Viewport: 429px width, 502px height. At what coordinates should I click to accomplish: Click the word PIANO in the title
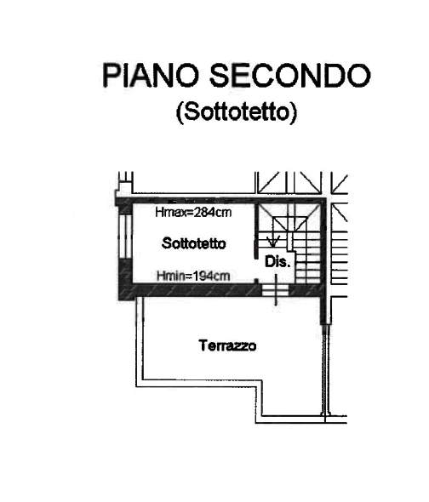click(150, 75)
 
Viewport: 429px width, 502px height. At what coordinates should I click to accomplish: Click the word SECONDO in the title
click(290, 75)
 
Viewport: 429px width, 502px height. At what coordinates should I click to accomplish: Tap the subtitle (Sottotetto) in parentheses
click(237, 112)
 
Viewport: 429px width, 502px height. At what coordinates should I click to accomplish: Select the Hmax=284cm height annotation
click(193, 212)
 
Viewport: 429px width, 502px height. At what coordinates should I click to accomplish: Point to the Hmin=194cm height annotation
click(193, 276)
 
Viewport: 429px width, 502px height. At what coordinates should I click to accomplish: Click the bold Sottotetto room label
click(194, 243)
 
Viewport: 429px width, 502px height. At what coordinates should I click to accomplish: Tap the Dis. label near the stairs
click(277, 262)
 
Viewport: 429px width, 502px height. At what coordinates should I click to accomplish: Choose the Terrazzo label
click(227, 345)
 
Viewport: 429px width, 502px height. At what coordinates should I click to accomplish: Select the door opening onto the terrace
click(276, 290)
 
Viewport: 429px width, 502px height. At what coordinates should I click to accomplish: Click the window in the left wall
click(125, 237)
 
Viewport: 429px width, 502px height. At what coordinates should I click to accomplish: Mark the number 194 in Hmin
click(204, 276)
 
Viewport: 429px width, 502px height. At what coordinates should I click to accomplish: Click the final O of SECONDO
click(359, 76)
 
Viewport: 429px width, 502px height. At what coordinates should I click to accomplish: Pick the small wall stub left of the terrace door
click(256, 281)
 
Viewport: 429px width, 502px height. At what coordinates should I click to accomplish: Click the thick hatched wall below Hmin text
click(196, 290)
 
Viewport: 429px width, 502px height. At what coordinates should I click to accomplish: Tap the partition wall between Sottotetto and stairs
click(256, 231)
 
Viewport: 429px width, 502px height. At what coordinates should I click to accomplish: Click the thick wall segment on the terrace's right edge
click(324, 310)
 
